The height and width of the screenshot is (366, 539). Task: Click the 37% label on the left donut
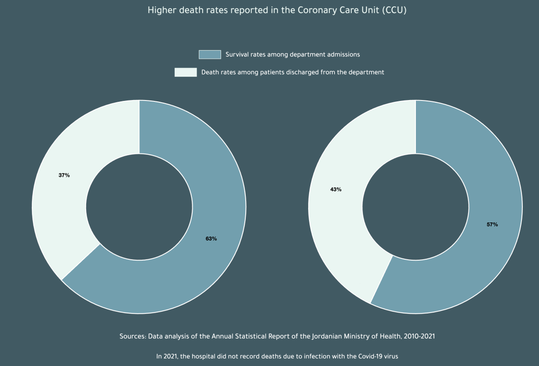(64, 175)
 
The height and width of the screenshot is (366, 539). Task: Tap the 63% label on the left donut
(211, 239)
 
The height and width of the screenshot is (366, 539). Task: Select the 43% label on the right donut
(336, 189)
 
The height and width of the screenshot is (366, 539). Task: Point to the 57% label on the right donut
(492, 224)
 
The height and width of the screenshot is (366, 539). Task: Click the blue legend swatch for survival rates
(210, 54)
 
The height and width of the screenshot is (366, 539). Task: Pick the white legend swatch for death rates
(186, 72)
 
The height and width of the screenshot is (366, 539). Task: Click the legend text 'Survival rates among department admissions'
(292, 54)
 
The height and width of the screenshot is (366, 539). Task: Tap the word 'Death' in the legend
(210, 72)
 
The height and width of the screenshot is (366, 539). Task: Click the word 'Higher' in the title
(161, 10)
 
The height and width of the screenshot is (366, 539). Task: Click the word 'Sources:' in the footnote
(132, 336)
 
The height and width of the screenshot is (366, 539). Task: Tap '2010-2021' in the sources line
(420, 336)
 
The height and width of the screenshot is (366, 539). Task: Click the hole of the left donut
(139, 207)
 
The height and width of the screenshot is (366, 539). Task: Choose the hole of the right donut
(415, 207)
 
